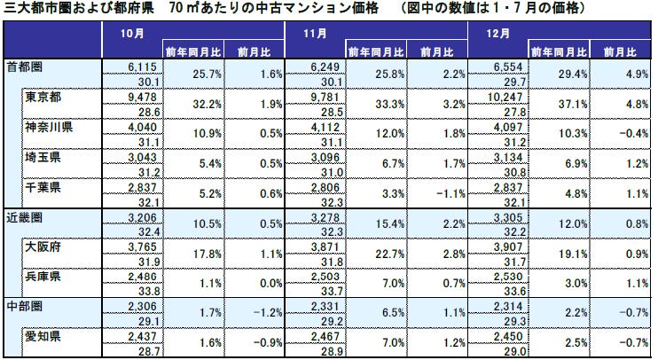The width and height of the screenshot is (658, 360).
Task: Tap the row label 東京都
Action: pos(43,96)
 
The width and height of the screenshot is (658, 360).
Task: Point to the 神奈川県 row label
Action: pos(50,127)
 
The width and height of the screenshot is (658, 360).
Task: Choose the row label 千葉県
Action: pos(43,188)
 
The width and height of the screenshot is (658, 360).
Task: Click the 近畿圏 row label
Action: pos(24,218)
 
